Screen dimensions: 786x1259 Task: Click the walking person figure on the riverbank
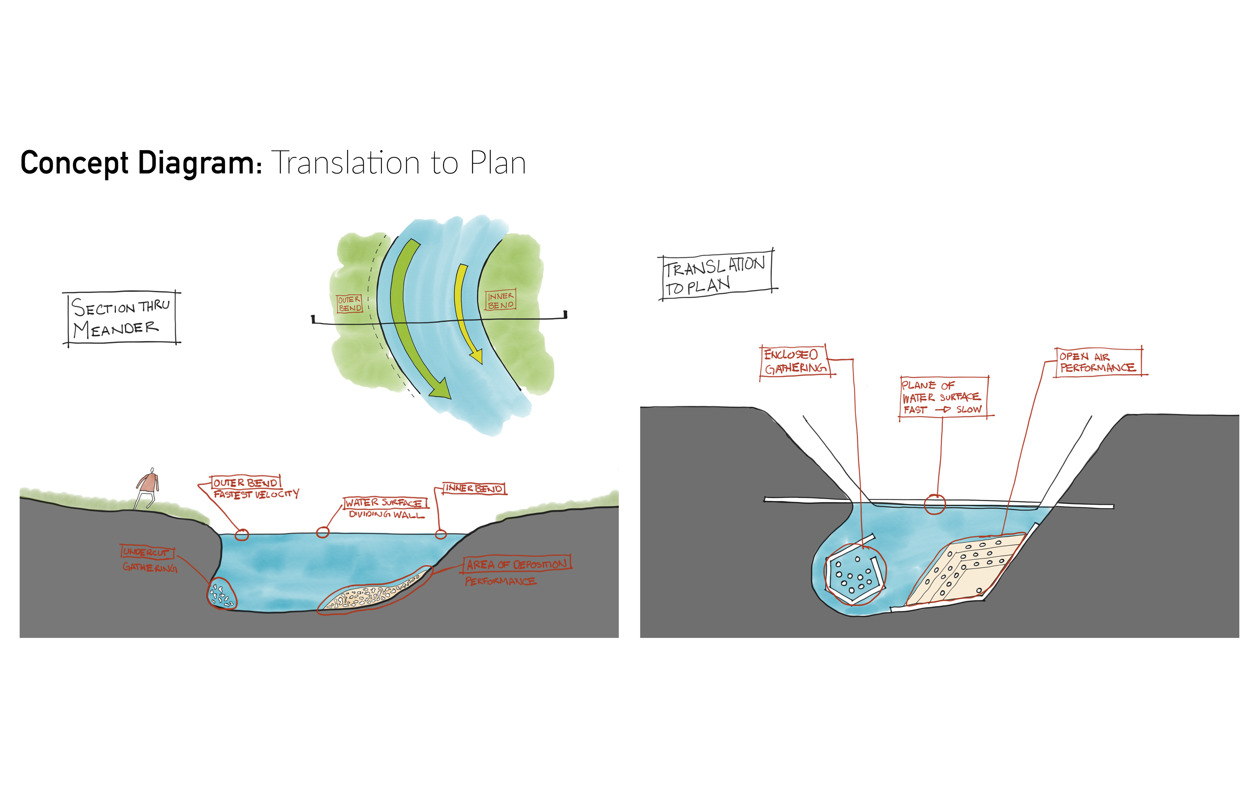148,488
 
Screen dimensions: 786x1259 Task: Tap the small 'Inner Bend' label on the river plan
500,300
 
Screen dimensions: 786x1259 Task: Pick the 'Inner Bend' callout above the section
473,488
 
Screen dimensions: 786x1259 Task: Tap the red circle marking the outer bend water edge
242,534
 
